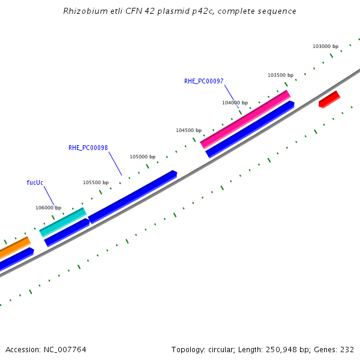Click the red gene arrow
(329, 100)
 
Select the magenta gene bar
(245, 119)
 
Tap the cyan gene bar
(63, 222)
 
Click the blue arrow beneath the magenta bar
(250, 129)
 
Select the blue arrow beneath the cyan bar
(67, 232)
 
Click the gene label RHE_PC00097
(204, 81)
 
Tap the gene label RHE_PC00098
(88, 148)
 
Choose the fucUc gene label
(35, 182)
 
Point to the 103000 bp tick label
(326, 46)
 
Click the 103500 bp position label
(280, 75)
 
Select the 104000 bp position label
(235, 103)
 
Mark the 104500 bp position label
(188, 130)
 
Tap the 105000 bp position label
(142, 157)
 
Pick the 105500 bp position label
(95, 182)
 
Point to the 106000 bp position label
(48, 208)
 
